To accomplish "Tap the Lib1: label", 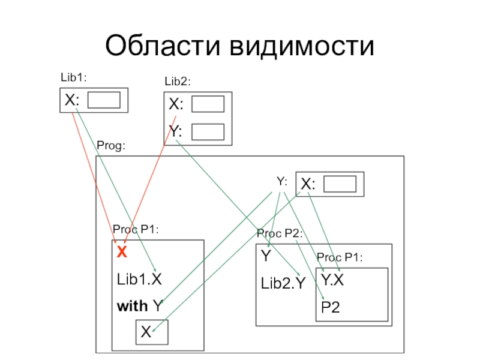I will (x=74, y=77).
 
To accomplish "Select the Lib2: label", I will (x=178, y=81).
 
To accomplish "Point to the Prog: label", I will (x=111, y=146).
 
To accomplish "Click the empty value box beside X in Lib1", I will (x=104, y=100).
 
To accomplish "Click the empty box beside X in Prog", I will (x=340, y=184).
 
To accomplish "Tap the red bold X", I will (x=122, y=253).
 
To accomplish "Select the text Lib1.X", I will (x=139, y=278).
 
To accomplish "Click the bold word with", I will (x=132, y=306).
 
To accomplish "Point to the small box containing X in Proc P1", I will (x=151, y=332).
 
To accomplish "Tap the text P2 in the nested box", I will (x=331, y=308).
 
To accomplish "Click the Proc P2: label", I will (x=279, y=233).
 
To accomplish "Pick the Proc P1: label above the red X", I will (x=136, y=229).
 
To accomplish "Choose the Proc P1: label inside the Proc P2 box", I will (x=340, y=257).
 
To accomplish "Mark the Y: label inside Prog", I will (x=282, y=180).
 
